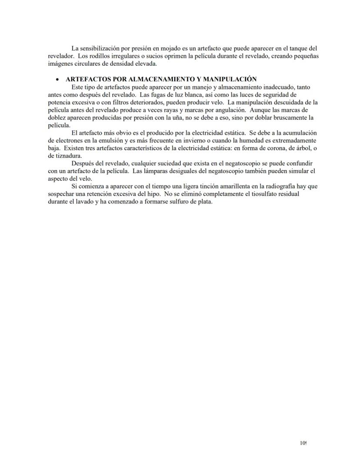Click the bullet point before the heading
point(57,79)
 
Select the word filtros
point(111,101)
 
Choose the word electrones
point(67,141)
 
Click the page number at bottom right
point(303,443)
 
